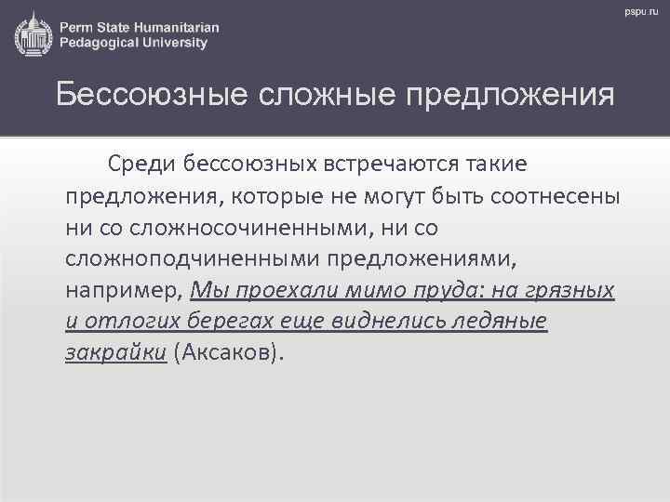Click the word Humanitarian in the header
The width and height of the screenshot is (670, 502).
coord(176,27)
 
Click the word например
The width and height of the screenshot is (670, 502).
coord(123,291)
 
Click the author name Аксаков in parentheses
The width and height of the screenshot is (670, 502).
coord(237,354)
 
